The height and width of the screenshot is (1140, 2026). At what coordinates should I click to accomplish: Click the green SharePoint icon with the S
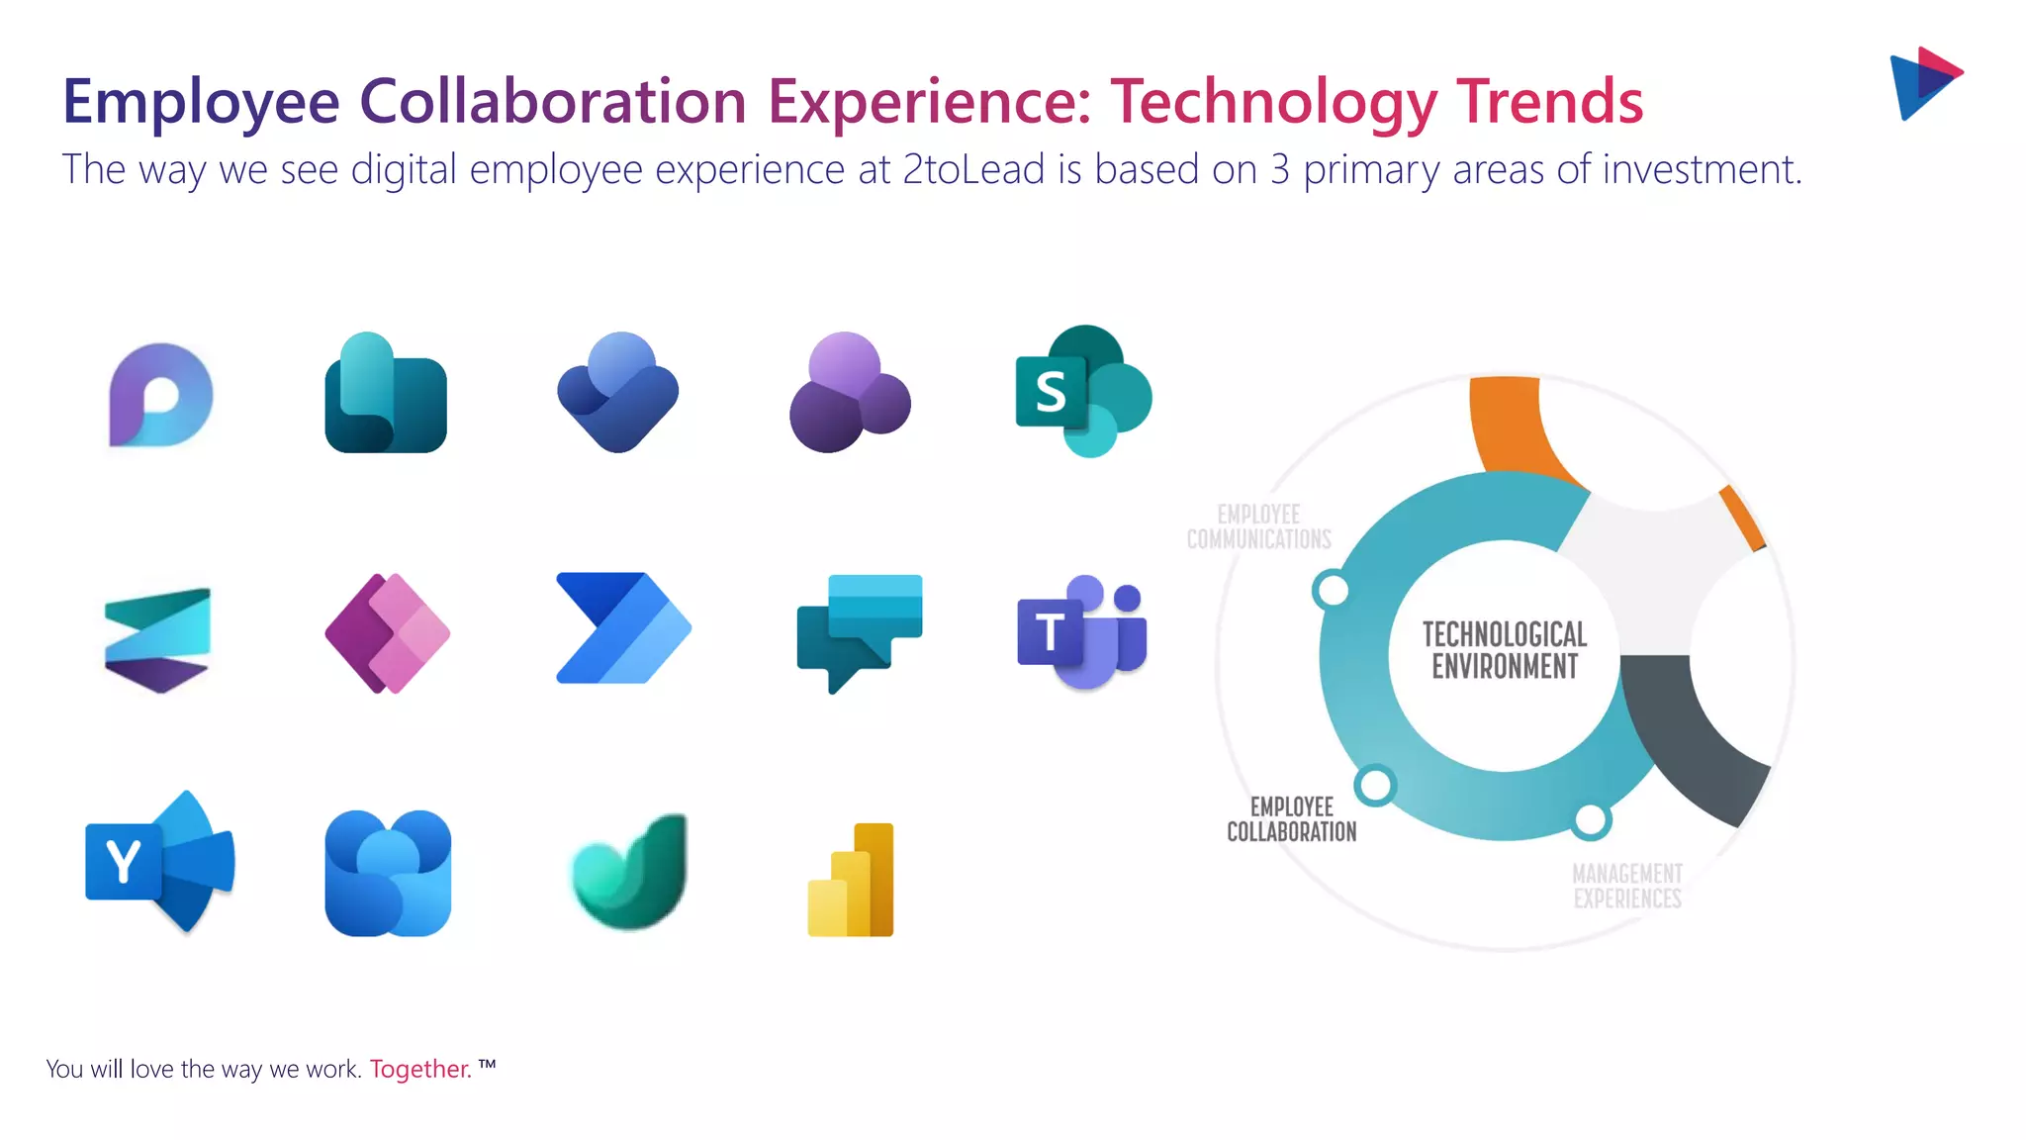tap(1082, 391)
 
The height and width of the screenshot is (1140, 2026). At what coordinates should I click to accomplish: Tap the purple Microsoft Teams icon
tap(1082, 630)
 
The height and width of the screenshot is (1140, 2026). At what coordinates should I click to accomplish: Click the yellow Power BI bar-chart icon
tap(852, 880)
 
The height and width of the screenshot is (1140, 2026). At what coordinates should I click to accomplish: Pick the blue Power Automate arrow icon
tap(622, 627)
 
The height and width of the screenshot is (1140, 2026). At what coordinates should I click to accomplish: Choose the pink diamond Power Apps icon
tap(388, 633)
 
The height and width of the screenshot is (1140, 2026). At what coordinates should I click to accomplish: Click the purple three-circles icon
tap(850, 393)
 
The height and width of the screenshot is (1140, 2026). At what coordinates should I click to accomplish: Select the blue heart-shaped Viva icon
tap(618, 393)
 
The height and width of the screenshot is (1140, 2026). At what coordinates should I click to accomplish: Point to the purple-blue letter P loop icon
tap(160, 395)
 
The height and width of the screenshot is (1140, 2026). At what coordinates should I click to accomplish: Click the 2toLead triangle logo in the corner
tap(1924, 83)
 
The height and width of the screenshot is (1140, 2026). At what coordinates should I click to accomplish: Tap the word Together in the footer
tap(419, 1070)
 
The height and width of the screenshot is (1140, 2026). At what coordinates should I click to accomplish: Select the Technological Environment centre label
tap(1504, 650)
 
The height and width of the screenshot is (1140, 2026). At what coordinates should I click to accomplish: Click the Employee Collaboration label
tap(1291, 819)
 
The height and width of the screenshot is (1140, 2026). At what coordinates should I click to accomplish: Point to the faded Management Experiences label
tap(1627, 886)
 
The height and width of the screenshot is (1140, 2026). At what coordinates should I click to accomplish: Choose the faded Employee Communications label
tap(1259, 526)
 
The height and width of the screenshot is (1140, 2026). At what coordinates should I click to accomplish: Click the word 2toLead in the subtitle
tap(973, 170)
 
